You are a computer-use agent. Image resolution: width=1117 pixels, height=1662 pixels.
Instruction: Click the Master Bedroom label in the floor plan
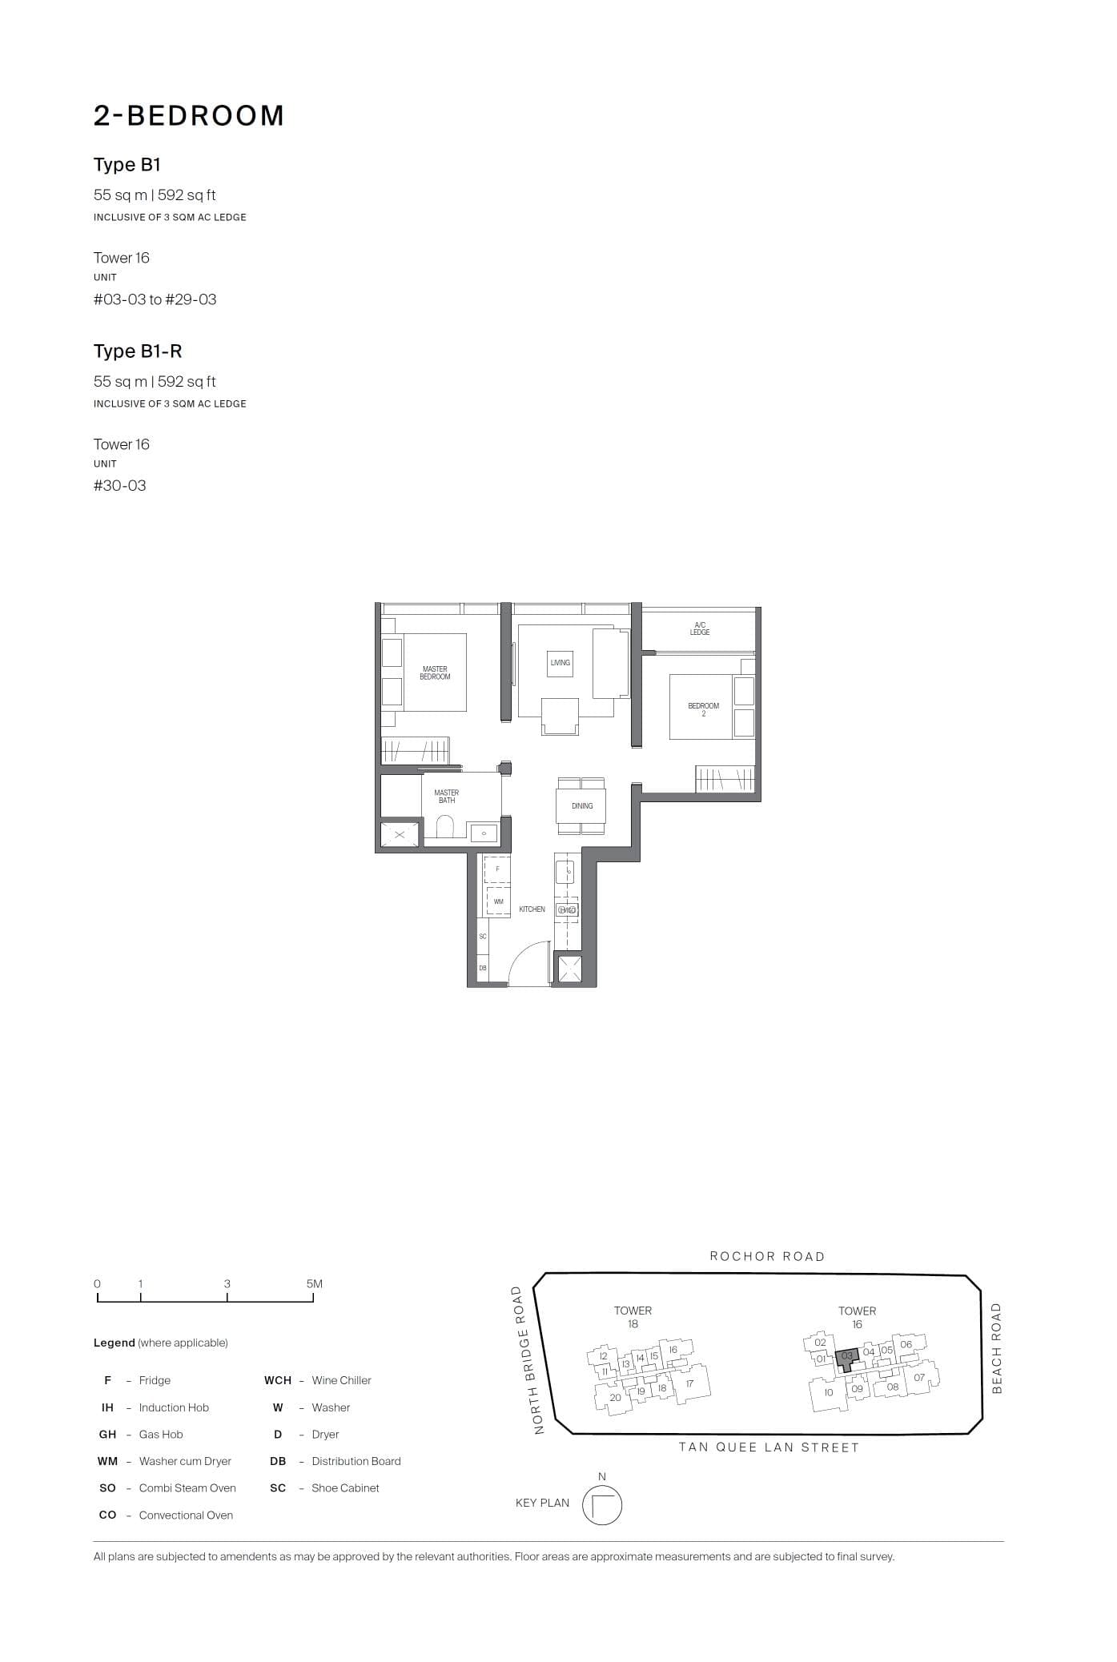[x=435, y=672]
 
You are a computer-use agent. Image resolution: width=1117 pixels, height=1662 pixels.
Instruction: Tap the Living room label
[x=561, y=662]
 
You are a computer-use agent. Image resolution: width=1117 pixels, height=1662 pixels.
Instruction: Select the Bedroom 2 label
[x=703, y=709]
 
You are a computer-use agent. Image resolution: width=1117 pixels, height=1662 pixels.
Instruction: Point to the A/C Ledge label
[x=699, y=628]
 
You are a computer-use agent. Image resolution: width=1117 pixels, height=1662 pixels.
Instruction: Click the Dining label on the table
[x=582, y=805]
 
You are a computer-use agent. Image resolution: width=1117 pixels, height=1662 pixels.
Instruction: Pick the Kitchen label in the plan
[x=532, y=909]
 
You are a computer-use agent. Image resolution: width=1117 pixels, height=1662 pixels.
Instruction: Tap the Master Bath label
[x=447, y=797]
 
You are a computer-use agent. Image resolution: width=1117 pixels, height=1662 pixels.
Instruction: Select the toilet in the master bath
[x=445, y=826]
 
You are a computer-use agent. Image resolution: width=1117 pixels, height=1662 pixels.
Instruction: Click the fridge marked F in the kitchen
[x=497, y=869]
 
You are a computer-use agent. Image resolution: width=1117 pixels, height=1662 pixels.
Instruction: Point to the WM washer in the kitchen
[x=498, y=901]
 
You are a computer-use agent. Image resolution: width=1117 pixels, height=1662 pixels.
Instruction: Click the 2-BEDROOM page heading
[x=189, y=115]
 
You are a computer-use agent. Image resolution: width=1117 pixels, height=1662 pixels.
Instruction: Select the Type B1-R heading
[x=138, y=351]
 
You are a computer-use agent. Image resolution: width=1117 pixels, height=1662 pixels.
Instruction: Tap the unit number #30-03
[x=120, y=485]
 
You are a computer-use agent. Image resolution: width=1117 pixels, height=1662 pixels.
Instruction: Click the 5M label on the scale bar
[x=314, y=1283]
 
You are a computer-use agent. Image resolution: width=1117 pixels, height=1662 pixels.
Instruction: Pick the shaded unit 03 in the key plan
[x=847, y=1356]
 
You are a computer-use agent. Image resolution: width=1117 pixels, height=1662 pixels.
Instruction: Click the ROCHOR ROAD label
[x=767, y=1256]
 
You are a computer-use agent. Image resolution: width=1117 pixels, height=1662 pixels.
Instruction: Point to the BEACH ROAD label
[x=997, y=1348]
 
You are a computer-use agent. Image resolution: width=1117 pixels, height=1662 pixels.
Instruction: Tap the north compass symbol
[x=601, y=1505]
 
